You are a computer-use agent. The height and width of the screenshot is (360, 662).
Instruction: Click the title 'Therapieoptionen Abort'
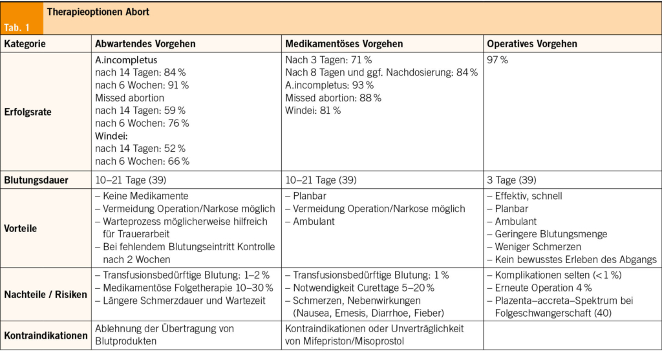[98, 12]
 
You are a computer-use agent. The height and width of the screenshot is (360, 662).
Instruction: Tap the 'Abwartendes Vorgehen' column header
[145, 44]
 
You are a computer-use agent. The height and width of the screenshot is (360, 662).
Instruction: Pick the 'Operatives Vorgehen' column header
[531, 44]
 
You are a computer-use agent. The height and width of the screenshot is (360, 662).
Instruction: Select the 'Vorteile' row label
[21, 228]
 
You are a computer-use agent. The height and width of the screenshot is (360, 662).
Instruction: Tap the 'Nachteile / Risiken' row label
[45, 294]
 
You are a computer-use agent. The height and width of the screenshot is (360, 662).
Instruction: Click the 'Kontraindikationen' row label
[45, 335]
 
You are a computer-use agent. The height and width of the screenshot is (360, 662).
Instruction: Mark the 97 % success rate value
[497, 59]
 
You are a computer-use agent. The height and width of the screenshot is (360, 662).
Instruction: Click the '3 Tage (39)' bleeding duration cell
[511, 180]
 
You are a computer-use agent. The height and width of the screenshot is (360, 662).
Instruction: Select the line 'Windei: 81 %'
[313, 111]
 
